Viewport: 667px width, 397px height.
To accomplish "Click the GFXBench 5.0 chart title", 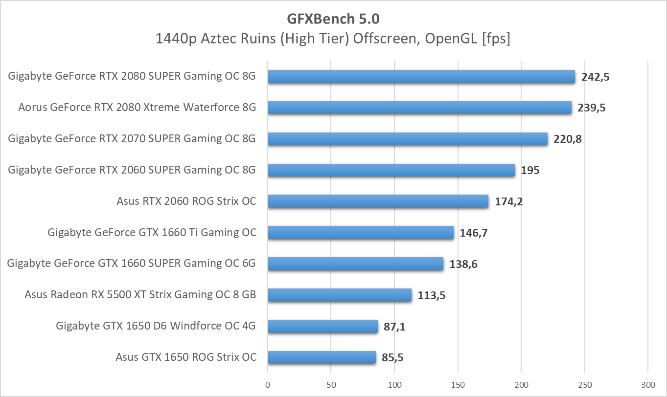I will [333, 19].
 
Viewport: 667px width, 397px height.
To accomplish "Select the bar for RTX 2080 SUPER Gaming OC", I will [421, 76].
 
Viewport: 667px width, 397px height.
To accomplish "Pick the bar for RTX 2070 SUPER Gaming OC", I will [407, 139].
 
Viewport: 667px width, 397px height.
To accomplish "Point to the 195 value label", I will [530, 171].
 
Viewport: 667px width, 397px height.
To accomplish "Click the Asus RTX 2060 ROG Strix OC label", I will [186, 201].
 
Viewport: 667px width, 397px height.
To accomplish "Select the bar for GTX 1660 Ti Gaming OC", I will [360, 232].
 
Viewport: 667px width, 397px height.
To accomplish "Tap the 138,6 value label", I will [463, 265].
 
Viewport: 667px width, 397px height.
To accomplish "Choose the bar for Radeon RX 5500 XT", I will [339, 295].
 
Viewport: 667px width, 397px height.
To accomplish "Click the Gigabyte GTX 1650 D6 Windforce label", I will [156, 326].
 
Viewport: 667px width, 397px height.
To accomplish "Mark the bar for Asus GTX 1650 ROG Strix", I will [322, 357].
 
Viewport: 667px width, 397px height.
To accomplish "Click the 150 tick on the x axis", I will [458, 385].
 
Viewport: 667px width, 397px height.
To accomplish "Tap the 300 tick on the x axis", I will [648, 385].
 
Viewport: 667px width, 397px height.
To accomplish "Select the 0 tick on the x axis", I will [268, 385].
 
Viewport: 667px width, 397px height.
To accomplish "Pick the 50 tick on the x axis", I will [331, 385].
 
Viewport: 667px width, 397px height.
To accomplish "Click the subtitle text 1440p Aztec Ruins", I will [333, 39].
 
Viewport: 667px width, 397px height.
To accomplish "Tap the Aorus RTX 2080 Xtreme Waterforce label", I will [137, 107].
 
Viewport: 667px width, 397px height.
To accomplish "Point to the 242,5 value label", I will [595, 77].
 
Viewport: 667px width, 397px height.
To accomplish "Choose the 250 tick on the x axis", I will [585, 385].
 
